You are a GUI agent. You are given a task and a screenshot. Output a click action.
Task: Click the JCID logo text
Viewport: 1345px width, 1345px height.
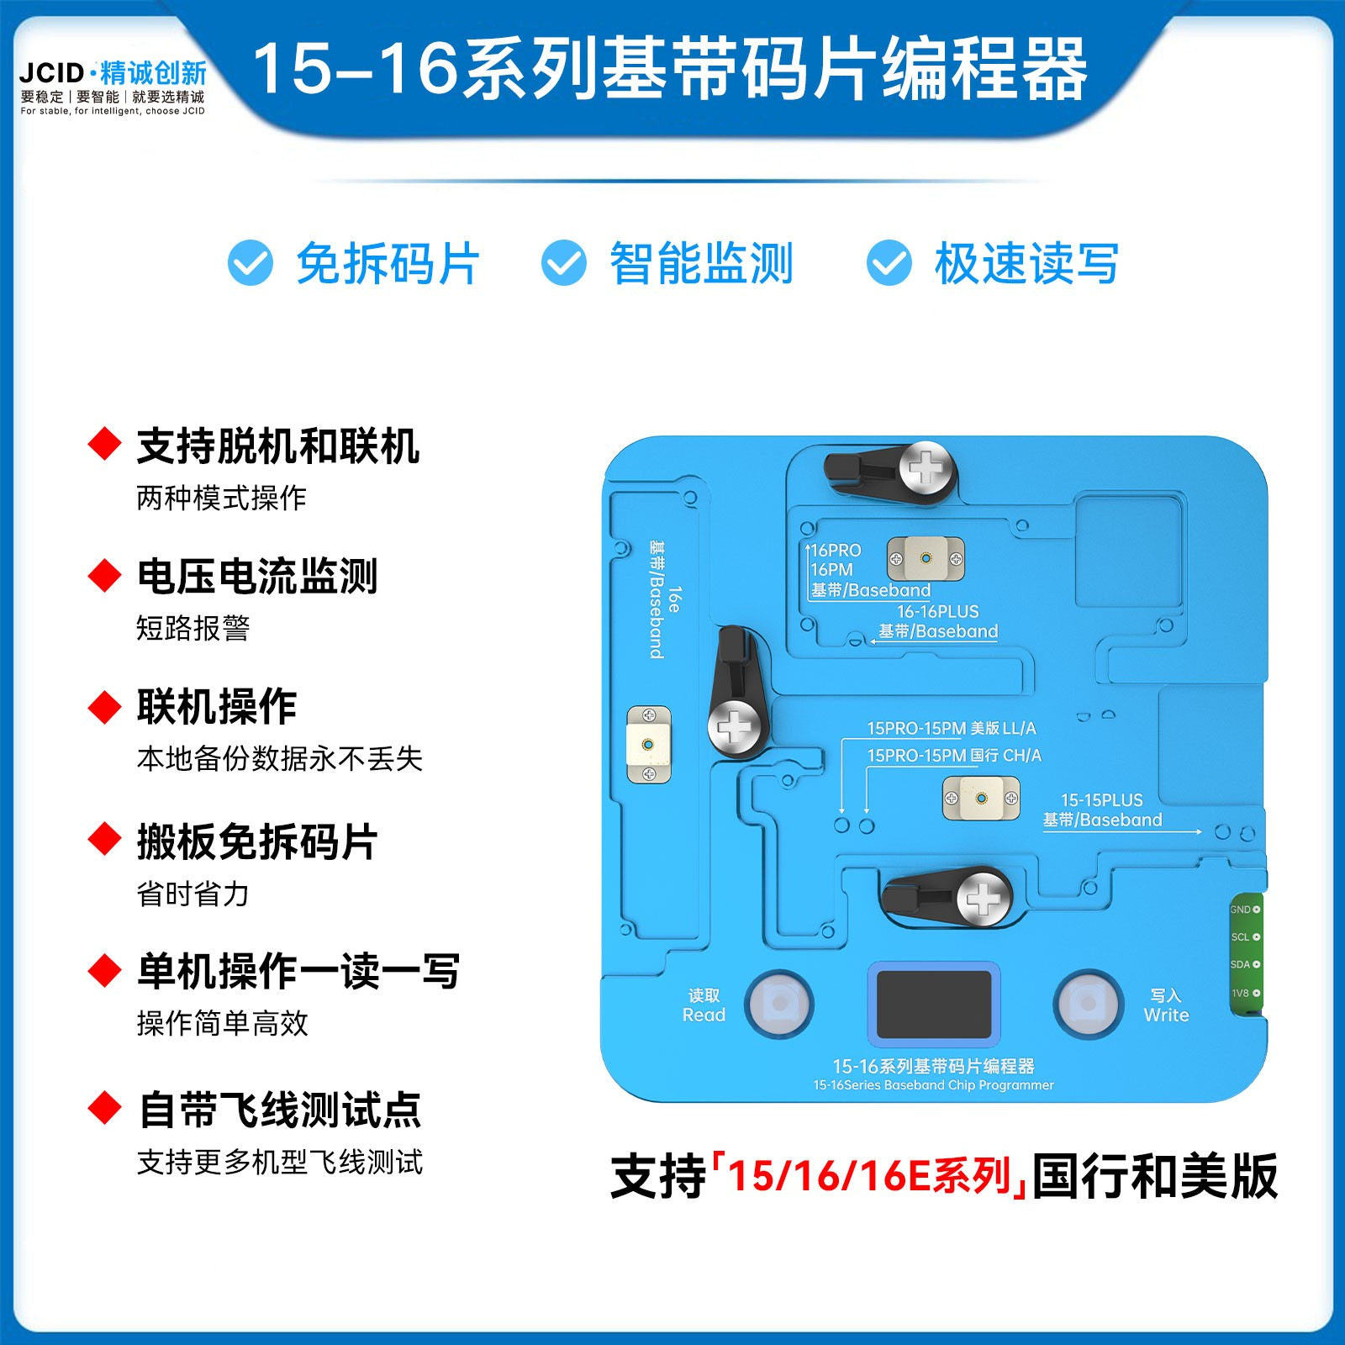(52, 72)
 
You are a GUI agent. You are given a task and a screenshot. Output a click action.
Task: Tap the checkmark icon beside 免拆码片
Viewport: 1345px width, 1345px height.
(251, 263)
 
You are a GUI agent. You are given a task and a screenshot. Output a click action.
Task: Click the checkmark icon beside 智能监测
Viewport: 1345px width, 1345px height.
(563, 263)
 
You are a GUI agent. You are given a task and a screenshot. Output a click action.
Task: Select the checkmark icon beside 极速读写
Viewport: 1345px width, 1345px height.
(889, 263)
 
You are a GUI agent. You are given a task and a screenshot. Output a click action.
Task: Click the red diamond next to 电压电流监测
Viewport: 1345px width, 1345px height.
(105, 576)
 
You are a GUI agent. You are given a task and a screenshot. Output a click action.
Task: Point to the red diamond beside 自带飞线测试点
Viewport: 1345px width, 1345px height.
(105, 1108)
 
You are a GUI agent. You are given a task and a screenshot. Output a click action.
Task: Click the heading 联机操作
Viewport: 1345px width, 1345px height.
(217, 707)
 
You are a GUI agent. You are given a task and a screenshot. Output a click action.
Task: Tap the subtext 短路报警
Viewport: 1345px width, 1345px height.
(193, 628)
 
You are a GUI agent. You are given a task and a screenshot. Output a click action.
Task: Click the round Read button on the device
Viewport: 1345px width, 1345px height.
(780, 1003)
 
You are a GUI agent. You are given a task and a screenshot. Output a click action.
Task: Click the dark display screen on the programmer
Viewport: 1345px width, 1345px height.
(934, 1005)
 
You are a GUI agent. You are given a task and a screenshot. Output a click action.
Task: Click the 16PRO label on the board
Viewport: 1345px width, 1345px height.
(836, 551)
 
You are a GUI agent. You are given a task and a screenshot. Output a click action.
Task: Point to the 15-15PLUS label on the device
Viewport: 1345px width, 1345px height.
(1102, 800)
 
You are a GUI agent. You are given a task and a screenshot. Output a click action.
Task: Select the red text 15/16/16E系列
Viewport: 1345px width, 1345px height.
(869, 1176)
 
